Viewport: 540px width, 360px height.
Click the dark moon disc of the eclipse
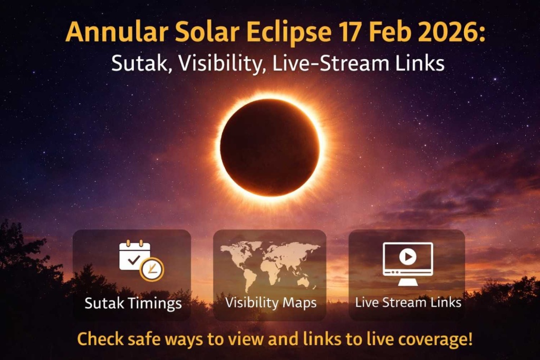coord(269,147)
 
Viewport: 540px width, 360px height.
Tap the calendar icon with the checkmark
coord(134,255)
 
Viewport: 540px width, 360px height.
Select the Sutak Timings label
coord(133,304)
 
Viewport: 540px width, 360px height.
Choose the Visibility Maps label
coord(271,303)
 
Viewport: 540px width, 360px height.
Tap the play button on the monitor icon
coord(408,257)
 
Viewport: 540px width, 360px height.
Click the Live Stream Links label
coord(408,303)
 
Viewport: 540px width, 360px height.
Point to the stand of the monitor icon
coord(408,282)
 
